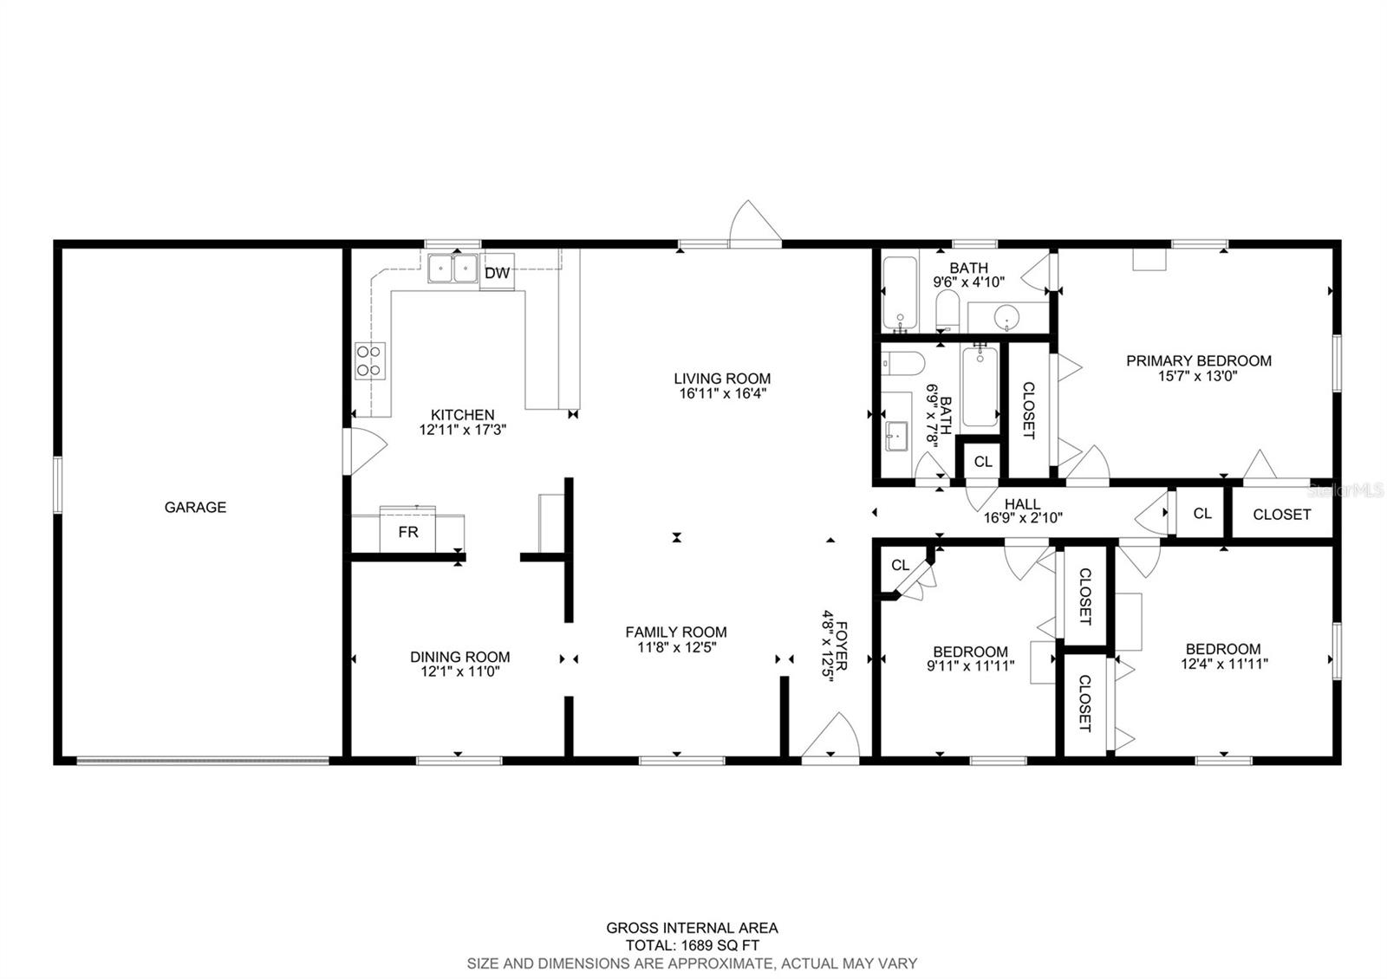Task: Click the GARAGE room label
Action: [x=195, y=507]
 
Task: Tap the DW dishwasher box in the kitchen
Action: [x=497, y=273]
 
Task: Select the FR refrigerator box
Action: [x=407, y=531]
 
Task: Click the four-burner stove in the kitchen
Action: [x=370, y=360]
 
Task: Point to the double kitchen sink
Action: [x=453, y=269]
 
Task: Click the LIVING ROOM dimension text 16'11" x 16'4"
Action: [x=722, y=393]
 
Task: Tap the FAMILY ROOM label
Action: [x=676, y=632]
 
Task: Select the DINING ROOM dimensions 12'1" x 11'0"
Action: [x=460, y=671]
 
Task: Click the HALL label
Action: [x=1023, y=504]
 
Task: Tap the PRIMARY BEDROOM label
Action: [x=1198, y=360]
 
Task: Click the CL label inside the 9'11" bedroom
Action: [x=901, y=565]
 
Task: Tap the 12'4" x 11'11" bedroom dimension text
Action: [x=1224, y=664]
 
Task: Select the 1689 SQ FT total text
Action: [x=692, y=945]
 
